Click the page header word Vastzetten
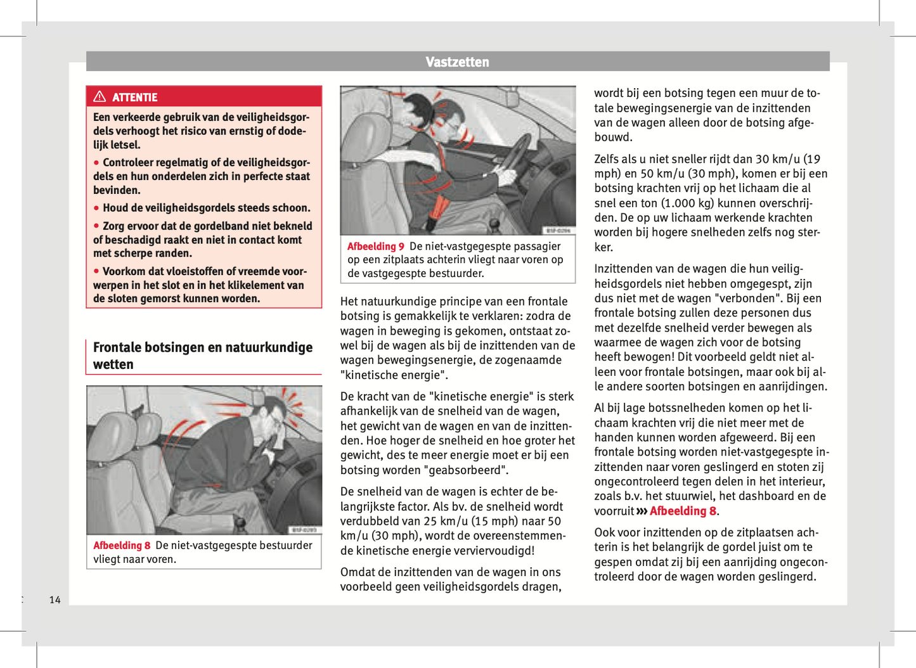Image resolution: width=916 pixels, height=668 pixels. [x=457, y=62]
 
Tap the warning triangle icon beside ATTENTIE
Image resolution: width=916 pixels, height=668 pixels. [x=100, y=97]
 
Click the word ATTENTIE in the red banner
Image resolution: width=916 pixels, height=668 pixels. [x=134, y=98]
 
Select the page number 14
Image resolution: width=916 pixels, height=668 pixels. [x=55, y=600]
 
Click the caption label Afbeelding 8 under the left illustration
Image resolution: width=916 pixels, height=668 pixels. [x=122, y=546]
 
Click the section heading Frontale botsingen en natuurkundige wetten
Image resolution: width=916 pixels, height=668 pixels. [x=203, y=356]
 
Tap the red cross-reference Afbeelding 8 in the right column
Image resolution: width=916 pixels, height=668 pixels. [x=683, y=511]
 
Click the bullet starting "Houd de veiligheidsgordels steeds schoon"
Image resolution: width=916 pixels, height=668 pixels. [x=206, y=208]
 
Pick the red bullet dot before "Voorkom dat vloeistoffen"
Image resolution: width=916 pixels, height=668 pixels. [x=96, y=271]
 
